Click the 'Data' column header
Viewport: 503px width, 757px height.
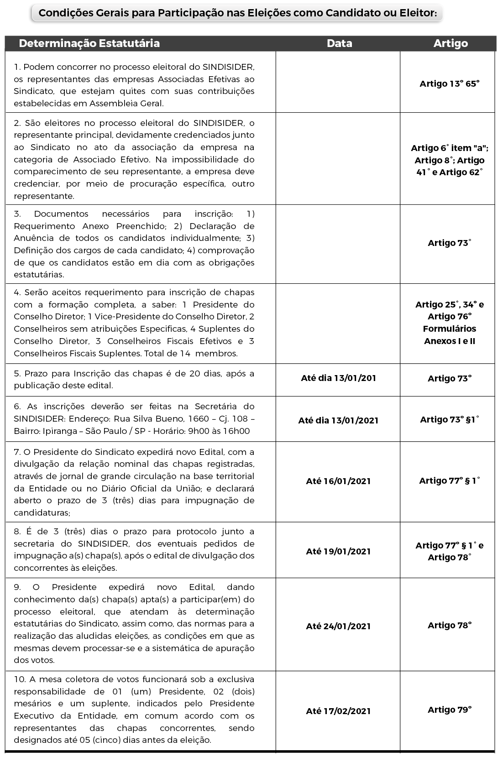339,43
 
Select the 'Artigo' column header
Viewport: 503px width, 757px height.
450,43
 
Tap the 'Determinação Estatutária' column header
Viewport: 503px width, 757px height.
89,43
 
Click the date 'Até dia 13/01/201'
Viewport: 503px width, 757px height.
338,378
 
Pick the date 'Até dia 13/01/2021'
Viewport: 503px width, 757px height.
338,420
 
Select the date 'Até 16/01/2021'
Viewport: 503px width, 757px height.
338,481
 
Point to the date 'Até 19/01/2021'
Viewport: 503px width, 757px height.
338,551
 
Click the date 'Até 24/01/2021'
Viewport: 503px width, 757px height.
338,626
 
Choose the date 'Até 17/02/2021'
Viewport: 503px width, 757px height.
338,711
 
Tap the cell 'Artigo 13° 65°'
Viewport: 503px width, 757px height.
450,84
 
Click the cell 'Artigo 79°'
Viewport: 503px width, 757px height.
450,710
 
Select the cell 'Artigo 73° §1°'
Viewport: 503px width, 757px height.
450,419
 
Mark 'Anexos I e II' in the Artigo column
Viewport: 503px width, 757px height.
450,341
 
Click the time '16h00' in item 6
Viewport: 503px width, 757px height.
238,431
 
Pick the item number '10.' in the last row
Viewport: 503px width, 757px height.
19,679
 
